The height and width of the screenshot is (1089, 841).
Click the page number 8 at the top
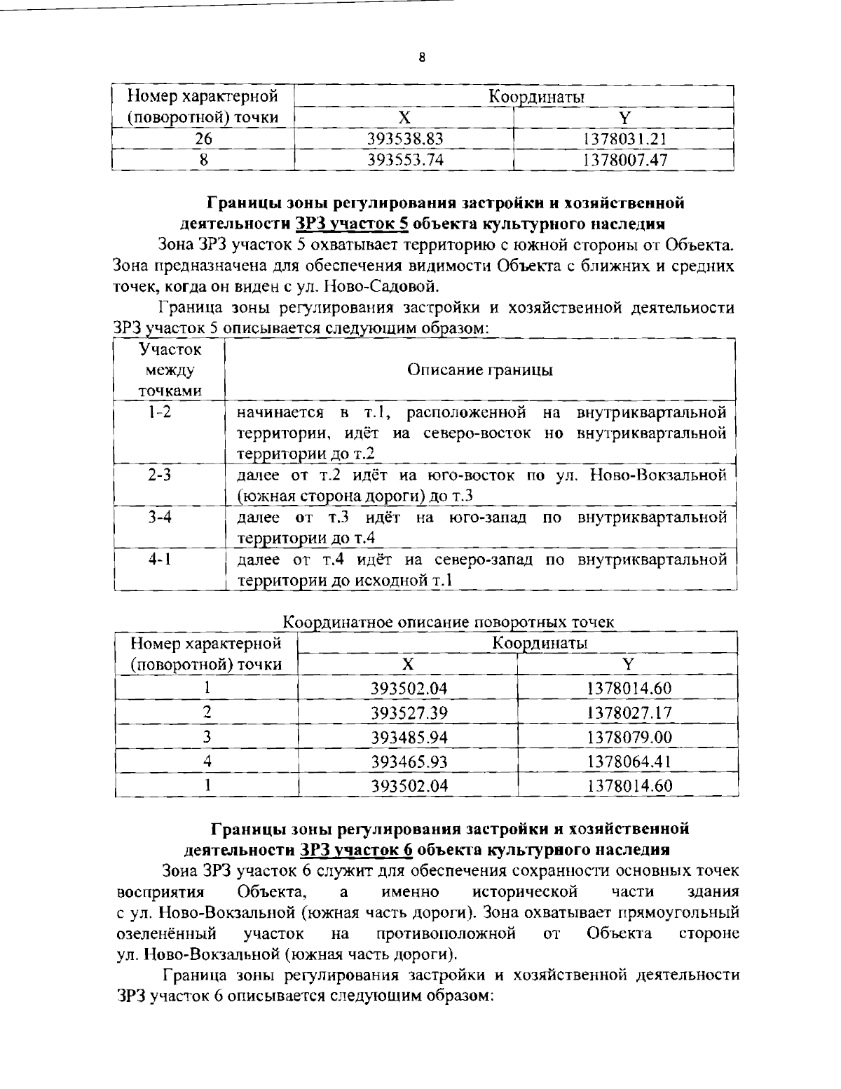[x=421, y=58]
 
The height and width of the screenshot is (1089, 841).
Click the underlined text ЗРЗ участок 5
[x=353, y=224]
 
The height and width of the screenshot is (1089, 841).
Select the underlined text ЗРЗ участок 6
[x=356, y=850]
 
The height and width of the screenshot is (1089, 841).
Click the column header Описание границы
[x=480, y=370]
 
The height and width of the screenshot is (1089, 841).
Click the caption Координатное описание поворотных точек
[x=449, y=621]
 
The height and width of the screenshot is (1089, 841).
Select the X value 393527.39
[x=409, y=713]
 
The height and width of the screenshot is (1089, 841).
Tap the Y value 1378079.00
[x=629, y=737]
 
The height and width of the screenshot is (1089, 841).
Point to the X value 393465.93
[x=409, y=761]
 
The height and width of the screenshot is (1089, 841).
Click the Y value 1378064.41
[x=629, y=761]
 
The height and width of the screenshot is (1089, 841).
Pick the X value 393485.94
[x=409, y=737]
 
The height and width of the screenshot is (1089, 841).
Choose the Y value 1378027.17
[x=629, y=713]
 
